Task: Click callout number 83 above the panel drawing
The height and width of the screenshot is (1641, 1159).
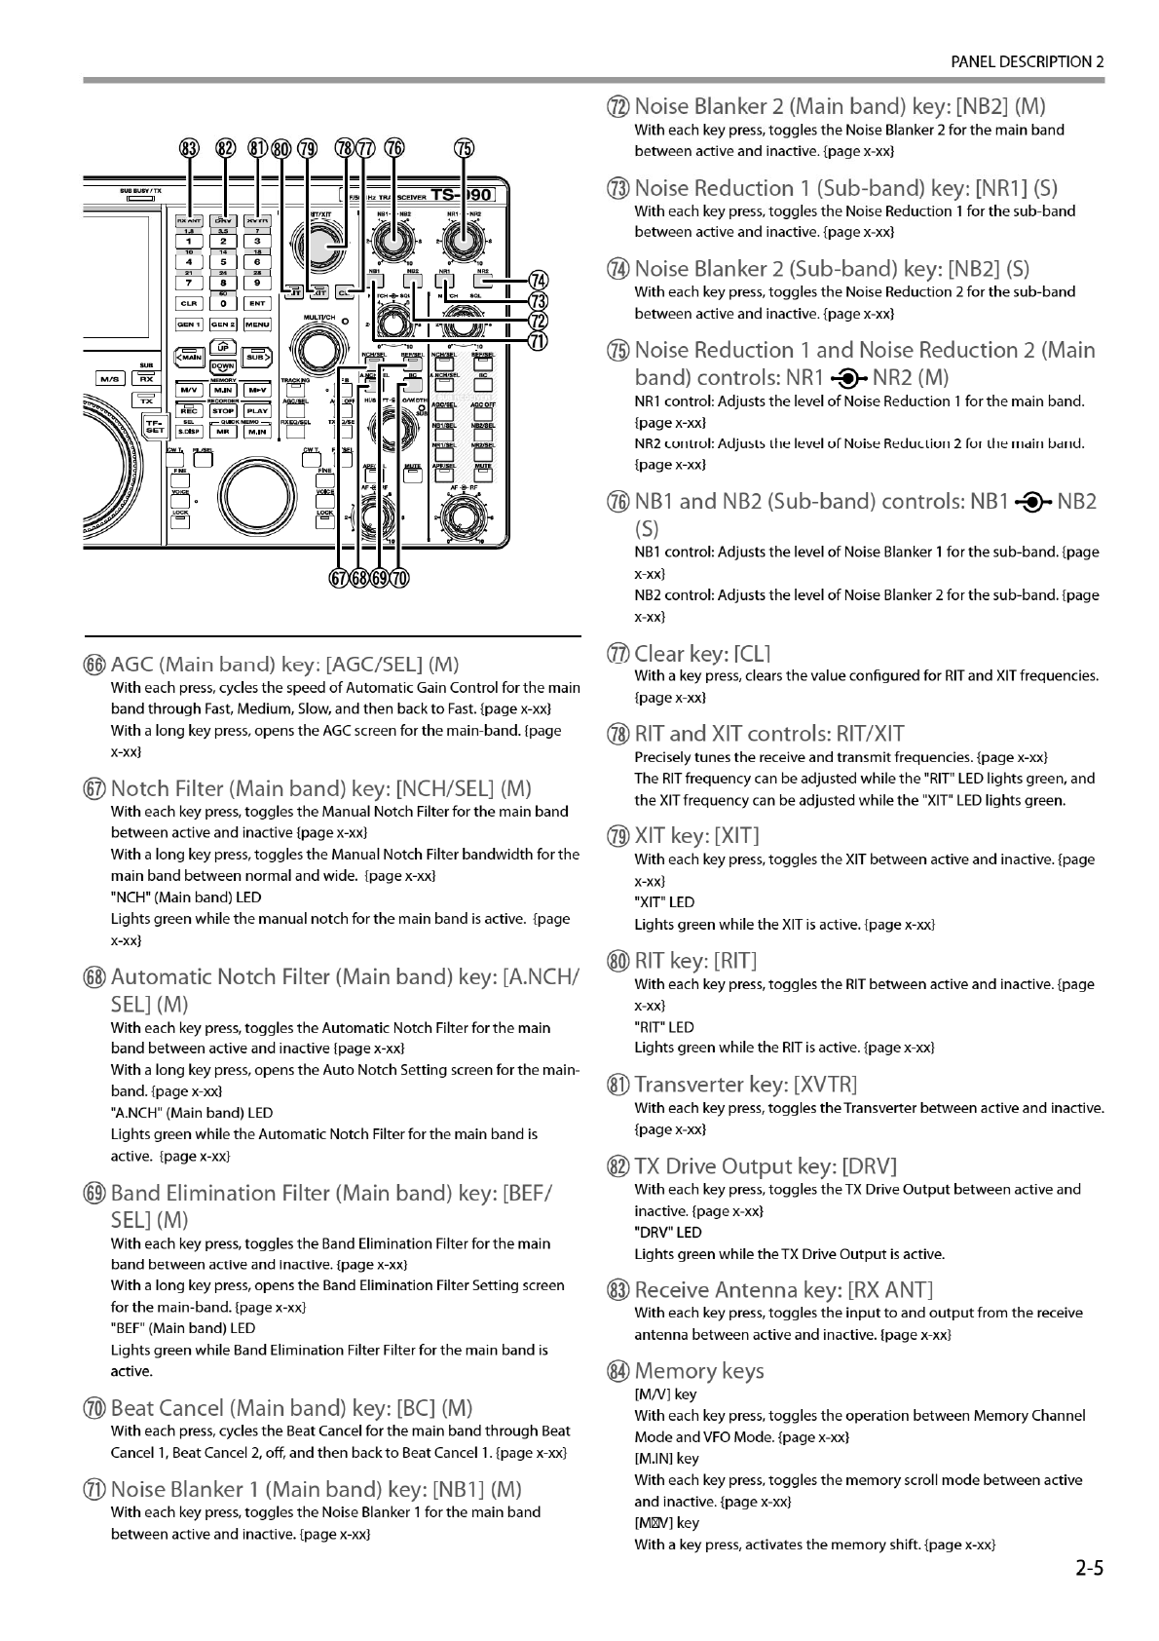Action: [x=189, y=148]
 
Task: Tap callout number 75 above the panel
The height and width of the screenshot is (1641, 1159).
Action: [x=465, y=148]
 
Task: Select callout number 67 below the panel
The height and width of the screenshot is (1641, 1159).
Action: [x=339, y=578]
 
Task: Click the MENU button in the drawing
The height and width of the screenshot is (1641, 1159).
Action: [x=257, y=324]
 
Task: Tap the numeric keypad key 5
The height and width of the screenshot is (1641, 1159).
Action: [x=223, y=261]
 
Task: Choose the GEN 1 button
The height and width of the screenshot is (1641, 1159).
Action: [x=189, y=324]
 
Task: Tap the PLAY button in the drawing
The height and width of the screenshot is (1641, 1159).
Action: [x=257, y=410]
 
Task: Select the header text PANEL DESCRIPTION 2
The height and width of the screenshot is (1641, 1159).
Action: [x=1027, y=61]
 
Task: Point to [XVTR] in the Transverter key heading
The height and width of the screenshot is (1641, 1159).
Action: [x=826, y=1085]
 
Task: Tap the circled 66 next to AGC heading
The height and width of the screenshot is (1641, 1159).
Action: [x=94, y=666]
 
